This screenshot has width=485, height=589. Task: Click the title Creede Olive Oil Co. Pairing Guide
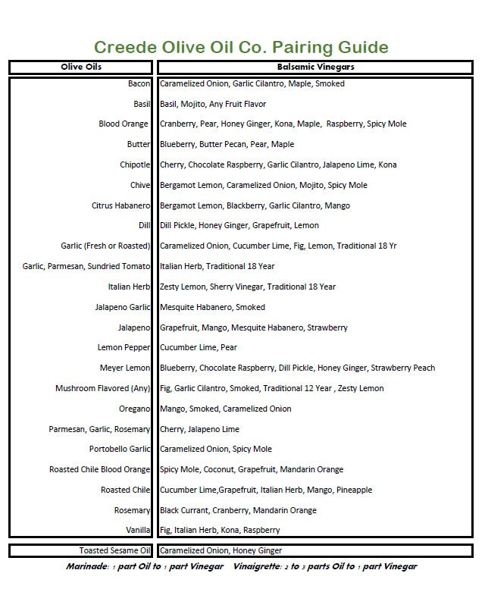point(240,49)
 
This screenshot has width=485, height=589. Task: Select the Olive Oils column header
point(81,67)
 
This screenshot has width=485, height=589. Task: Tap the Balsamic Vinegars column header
point(315,67)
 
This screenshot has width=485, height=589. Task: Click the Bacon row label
point(139,83)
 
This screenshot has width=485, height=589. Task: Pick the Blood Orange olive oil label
point(124,124)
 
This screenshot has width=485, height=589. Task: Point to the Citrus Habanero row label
point(120,205)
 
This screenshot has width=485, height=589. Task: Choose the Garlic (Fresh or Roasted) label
point(105,246)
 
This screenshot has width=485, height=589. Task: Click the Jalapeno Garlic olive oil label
point(123,307)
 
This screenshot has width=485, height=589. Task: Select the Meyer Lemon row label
point(125,368)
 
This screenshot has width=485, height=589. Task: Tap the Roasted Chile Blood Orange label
point(100,469)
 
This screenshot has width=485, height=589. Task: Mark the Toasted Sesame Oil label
point(115,550)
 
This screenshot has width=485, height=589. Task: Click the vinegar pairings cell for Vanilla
point(219,530)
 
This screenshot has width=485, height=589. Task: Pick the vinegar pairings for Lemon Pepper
point(198,347)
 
